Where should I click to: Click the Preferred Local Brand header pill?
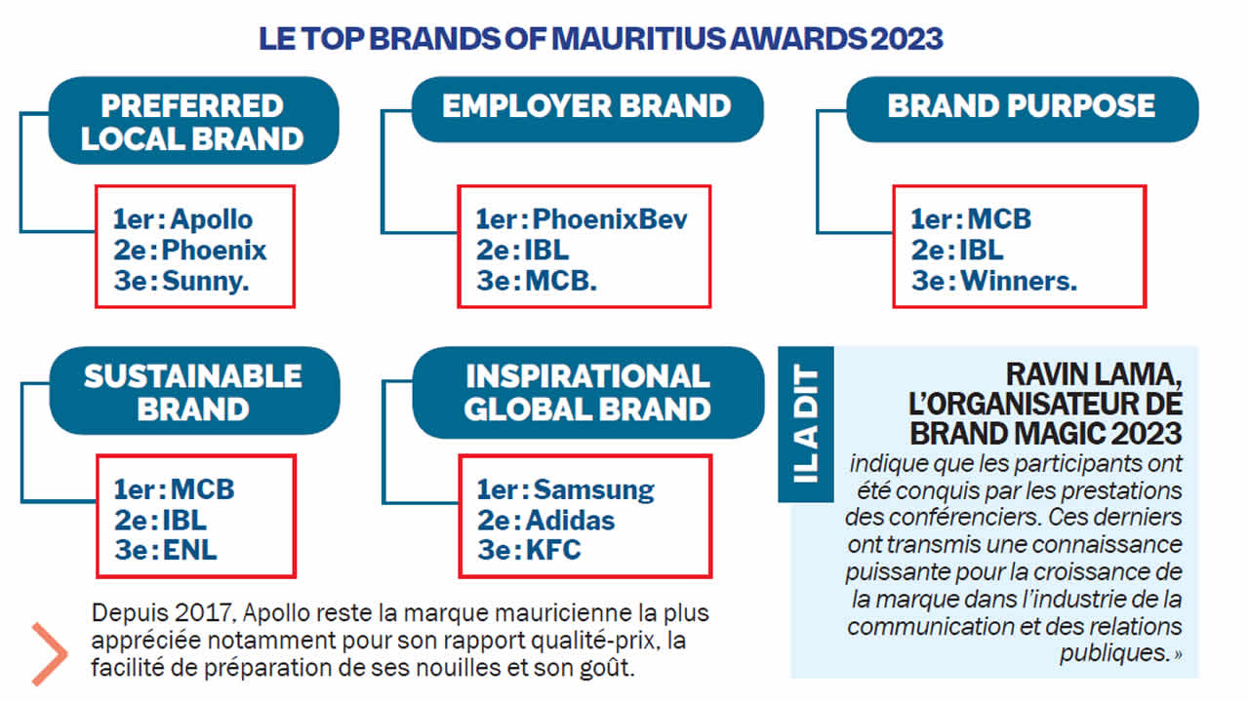click(193, 120)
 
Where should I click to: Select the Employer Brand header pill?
click(587, 109)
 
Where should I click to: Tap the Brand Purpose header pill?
click(1022, 109)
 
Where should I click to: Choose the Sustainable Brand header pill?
click(194, 391)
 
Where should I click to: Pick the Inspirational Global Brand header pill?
click(588, 392)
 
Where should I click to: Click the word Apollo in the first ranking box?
click(212, 219)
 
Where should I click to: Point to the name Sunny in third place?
click(203, 282)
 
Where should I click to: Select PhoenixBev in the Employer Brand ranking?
click(610, 219)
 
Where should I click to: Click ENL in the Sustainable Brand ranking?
click(189, 551)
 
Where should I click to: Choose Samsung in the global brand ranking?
click(594, 490)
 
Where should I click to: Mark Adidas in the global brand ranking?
click(570, 521)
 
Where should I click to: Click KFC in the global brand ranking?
click(553, 551)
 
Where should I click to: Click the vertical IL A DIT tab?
click(806, 424)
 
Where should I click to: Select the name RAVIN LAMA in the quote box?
click(1094, 375)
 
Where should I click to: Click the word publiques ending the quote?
click(1114, 653)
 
